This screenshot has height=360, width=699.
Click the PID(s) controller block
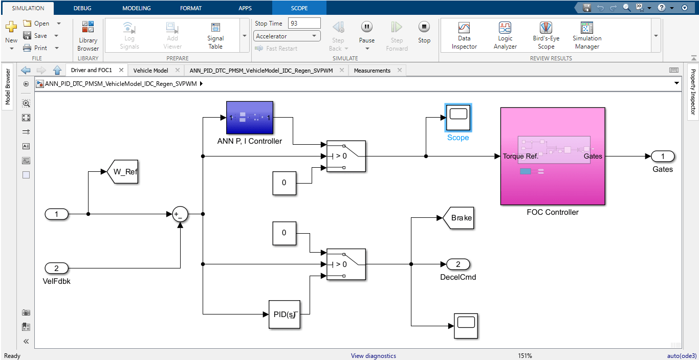(x=284, y=314)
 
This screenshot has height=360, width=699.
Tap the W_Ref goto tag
(x=123, y=172)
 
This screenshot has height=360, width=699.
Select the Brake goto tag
(x=459, y=218)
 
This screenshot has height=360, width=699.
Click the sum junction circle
(x=180, y=214)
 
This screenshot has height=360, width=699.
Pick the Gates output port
(x=663, y=156)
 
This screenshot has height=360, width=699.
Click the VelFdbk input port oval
(x=57, y=268)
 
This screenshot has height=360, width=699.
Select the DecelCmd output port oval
(x=458, y=264)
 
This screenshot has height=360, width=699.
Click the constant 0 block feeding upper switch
(x=284, y=183)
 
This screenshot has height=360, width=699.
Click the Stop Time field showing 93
(x=304, y=23)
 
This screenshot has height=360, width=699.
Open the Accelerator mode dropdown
(x=287, y=36)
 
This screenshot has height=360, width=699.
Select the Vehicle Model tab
(x=150, y=71)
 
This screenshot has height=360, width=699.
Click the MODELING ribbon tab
(x=136, y=8)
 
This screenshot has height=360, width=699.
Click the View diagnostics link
(x=373, y=356)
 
